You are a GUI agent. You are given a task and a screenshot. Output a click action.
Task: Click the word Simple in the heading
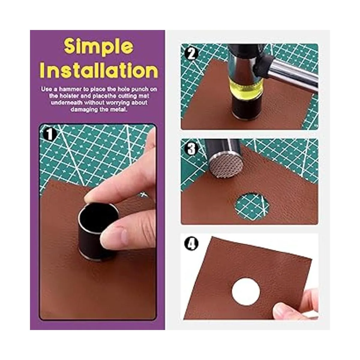[99, 48]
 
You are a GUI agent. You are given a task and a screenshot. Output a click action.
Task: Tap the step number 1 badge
[49, 134]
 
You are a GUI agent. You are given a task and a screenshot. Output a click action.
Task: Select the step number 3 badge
[191, 149]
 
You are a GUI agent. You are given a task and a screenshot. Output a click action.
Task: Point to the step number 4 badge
[191, 244]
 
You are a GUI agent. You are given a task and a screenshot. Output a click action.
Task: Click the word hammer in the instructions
[70, 89]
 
